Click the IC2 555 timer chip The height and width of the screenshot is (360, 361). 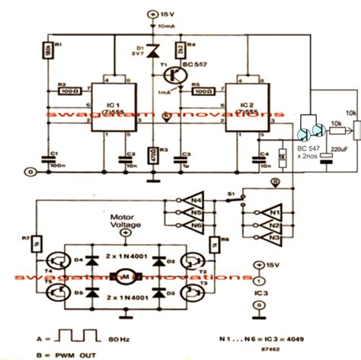click(244, 110)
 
